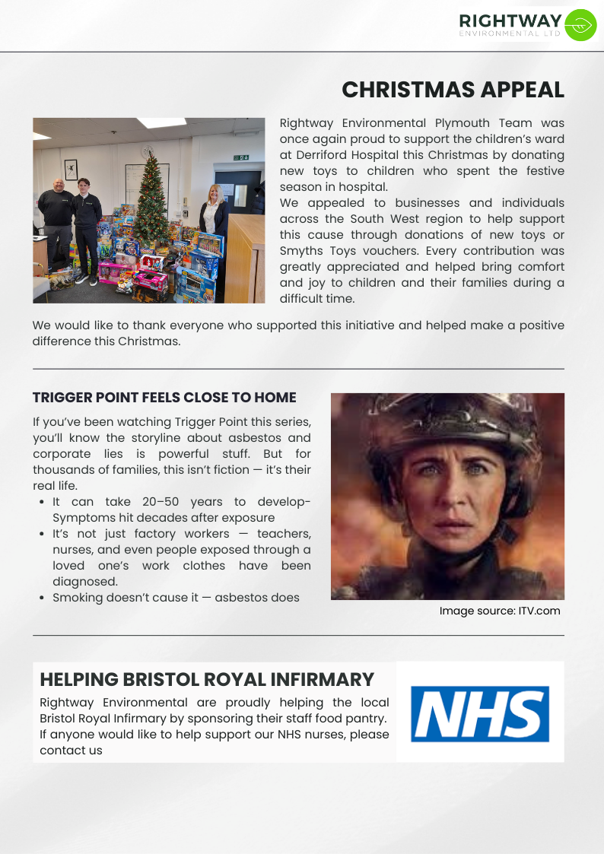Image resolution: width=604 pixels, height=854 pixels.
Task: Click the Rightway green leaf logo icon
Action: click(581, 25)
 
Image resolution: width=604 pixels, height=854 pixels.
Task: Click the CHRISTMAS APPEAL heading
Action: click(453, 90)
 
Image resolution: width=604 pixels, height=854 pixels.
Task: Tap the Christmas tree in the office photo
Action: click(151, 198)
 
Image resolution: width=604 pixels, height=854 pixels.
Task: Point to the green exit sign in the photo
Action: click(240, 157)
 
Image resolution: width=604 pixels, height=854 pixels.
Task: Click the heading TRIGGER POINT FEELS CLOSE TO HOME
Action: click(164, 398)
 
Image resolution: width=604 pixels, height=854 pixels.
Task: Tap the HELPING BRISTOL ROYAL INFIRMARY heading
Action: click(207, 680)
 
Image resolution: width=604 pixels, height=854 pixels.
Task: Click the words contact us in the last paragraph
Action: click(71, 751)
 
